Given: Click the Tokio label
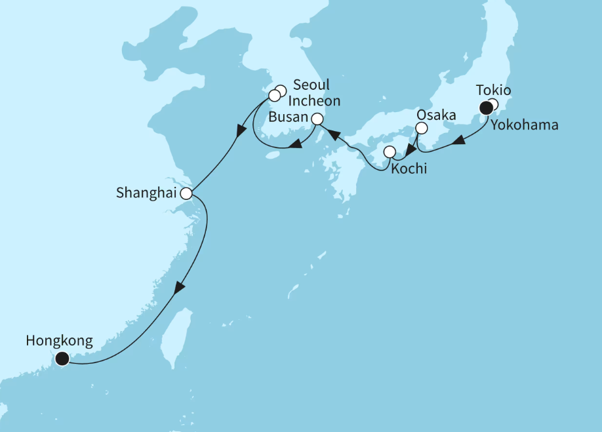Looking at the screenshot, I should pos(494,90).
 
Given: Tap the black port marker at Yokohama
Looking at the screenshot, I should pos(486,108).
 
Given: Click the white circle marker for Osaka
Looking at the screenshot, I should pos(422,128).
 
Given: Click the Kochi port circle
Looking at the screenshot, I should pos(390,152).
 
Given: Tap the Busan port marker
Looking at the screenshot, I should pos(317,119).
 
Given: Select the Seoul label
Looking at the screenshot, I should pos(311,85).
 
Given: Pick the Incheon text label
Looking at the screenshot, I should pos(315,101).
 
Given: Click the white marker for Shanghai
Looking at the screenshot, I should pos(186,193).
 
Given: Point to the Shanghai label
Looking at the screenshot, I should pos(147,193).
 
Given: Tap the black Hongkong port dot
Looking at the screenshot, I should pos(62,358).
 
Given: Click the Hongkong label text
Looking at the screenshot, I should pos(59,341).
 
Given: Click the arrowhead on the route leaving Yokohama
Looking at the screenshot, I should pos(461,140).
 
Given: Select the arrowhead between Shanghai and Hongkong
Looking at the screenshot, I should pos(179,288).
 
